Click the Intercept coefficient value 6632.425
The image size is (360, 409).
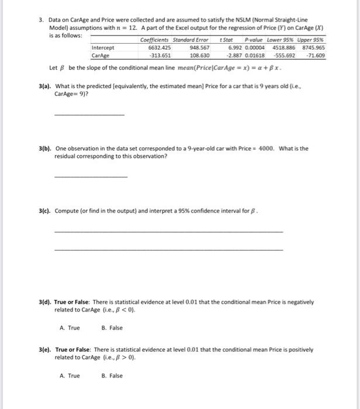160,48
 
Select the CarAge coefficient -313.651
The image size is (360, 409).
159,56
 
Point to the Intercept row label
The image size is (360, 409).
103,48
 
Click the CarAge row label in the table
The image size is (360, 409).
101,56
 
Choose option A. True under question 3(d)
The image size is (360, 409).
70,328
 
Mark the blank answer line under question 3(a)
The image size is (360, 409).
89,114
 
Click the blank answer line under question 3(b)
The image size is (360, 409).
90,176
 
